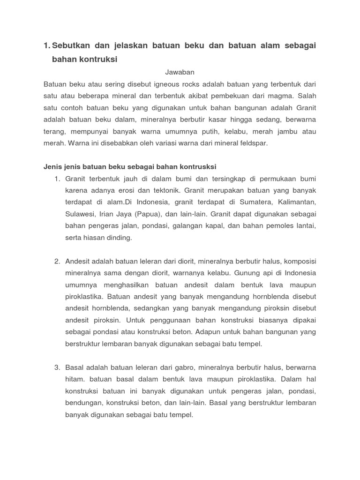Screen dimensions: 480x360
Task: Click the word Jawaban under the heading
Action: [x=180, y=72]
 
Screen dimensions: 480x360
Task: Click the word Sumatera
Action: [x=254, y=202]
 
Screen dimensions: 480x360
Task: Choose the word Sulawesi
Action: [x=80, y=214]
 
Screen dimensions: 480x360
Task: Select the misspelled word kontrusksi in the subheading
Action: [x=197, y=167]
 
